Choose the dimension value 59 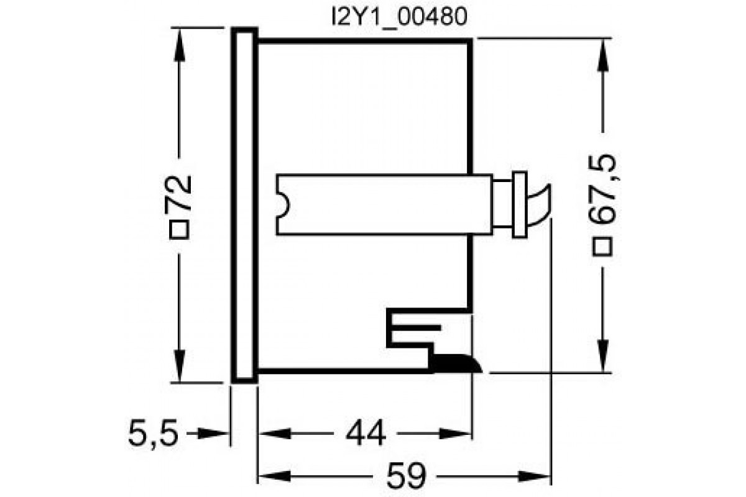tap(404, 477)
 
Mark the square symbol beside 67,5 tap(602, 247)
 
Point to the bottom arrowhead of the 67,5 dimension tap(602, 357)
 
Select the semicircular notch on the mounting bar tap(283, 204)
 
